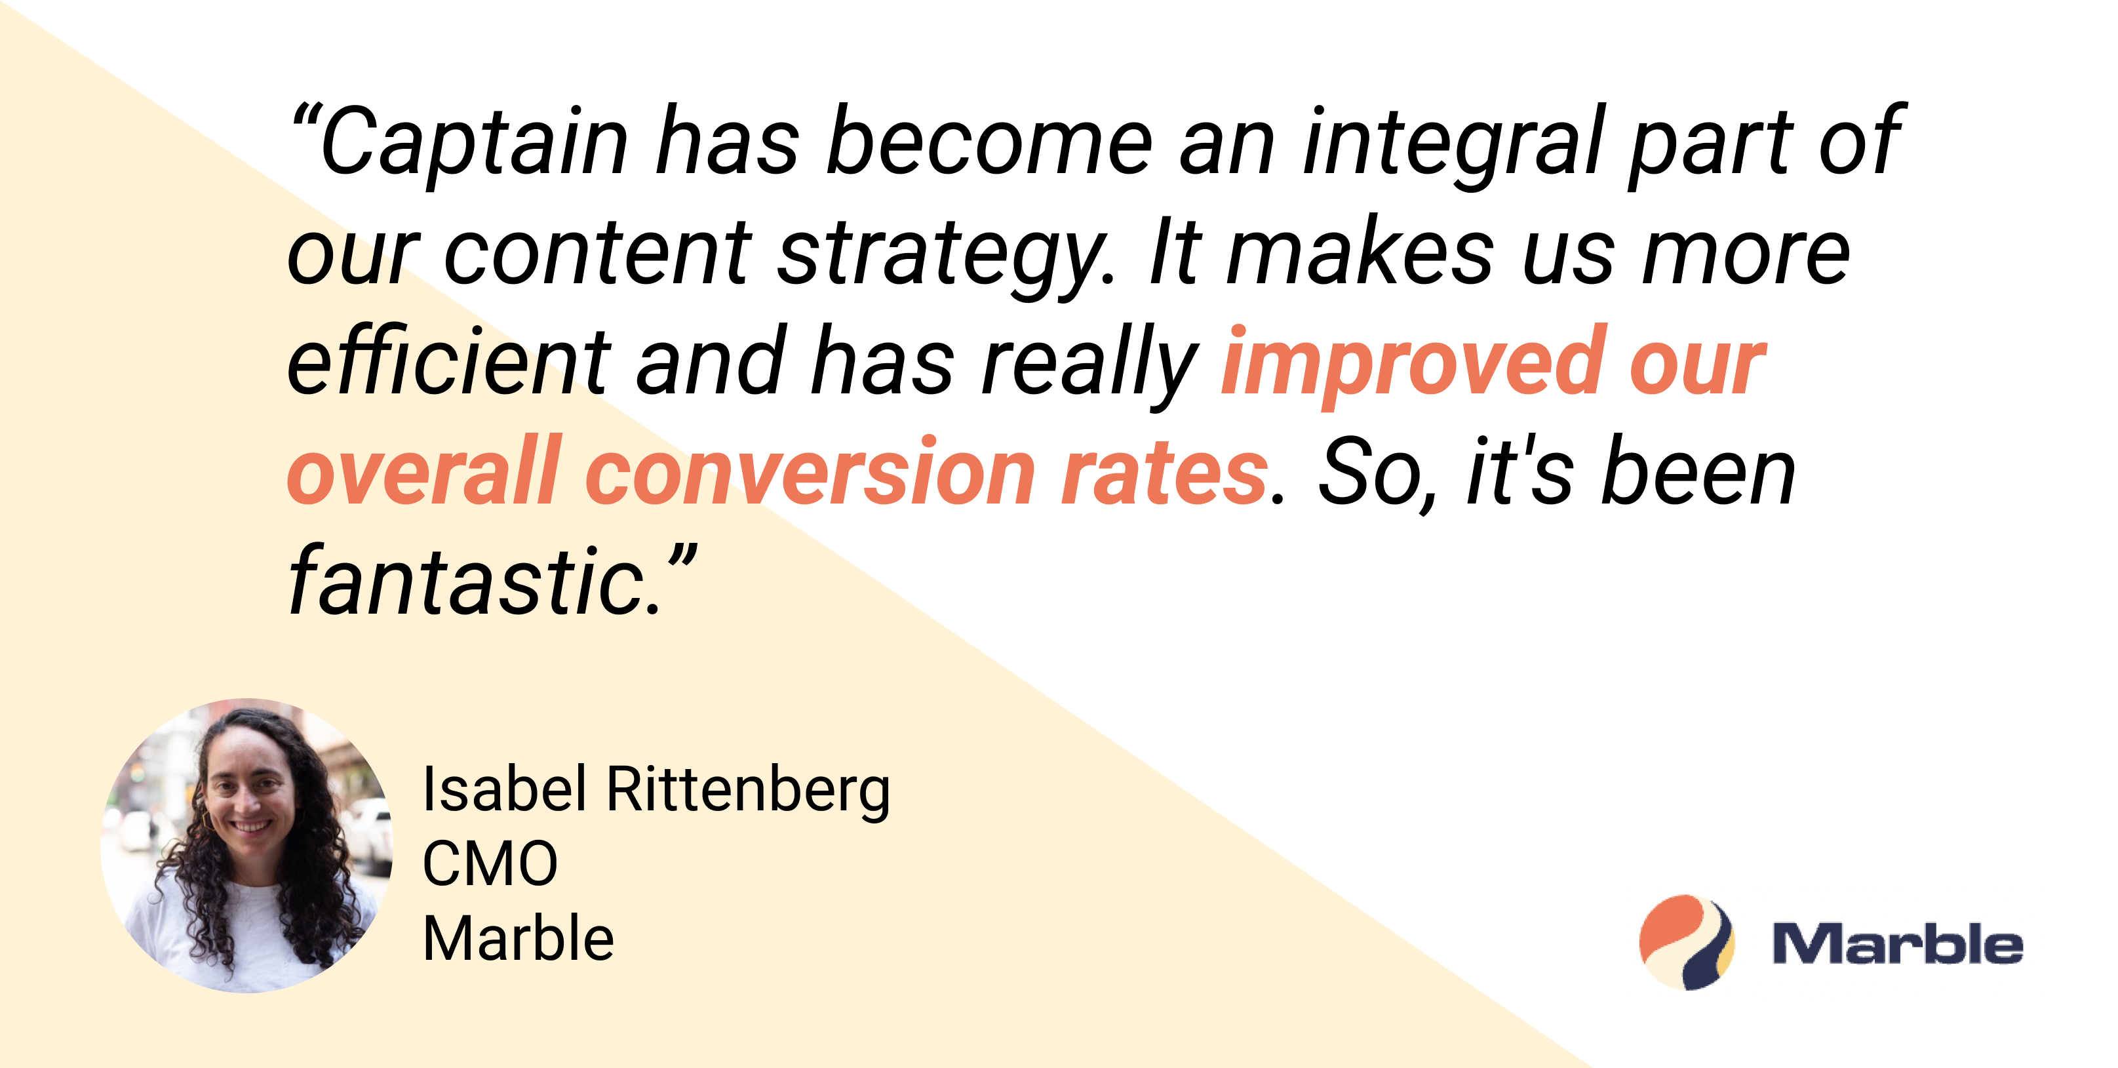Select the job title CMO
pos(490,864)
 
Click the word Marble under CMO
pos(518,939)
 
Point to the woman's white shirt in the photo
pos(246,929)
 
